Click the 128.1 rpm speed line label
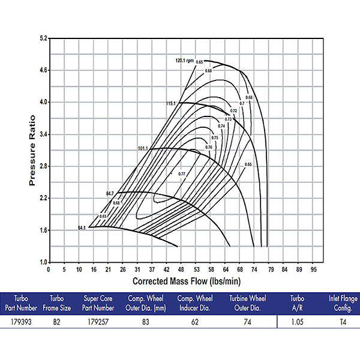click(184, 60)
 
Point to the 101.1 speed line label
click(142, 148)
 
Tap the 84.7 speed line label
click(109, 193)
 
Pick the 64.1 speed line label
click(82, 228)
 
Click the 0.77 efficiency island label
click(182, 173)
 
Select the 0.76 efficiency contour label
click(209, 147)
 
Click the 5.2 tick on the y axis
click(43, 38)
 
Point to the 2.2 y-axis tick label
click(43, 198)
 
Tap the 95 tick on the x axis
click(313, 269)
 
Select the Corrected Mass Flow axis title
click(181, 280)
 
